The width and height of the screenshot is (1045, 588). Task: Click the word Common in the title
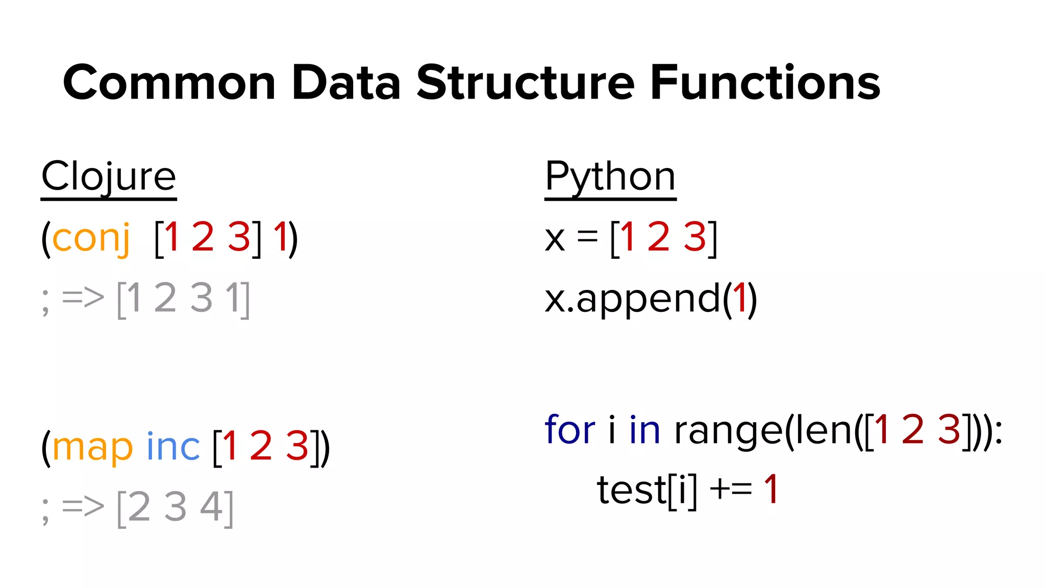pos(169,83)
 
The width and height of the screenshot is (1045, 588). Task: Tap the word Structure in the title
pos(526,83)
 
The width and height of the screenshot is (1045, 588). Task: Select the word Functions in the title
pos(765,83)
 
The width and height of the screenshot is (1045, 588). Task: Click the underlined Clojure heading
pos(109,177)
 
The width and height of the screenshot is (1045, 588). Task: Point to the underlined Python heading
pos(610,177)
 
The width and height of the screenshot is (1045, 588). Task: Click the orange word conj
pos(91,238)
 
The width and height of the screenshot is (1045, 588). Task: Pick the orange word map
pos(92,447)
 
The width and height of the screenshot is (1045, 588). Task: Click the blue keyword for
pos(569,430)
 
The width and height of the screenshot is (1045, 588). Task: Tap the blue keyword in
pos(645,430)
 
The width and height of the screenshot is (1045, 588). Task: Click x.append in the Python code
pos(633,300)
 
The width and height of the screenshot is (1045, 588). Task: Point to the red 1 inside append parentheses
pos(739,298)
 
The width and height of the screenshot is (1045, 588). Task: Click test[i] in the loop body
pos(646,491)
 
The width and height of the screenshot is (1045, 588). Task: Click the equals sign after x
pos(587,237)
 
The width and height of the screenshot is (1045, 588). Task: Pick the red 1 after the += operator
pos(770,489)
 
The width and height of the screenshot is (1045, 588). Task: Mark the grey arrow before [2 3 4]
pos(83,507)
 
